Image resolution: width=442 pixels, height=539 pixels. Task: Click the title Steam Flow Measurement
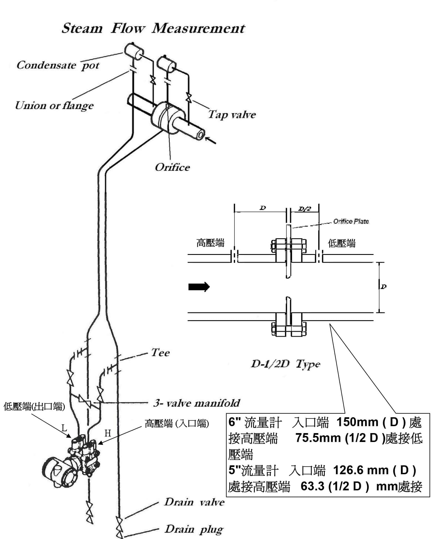(x=153, y=28)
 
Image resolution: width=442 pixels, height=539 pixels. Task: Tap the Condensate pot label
(x=58, y=65)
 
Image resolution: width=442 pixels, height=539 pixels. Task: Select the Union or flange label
(x=54, y=106)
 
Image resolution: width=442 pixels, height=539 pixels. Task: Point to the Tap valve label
(x=232, y=115)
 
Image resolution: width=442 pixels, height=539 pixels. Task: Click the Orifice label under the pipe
(x=172, y=167)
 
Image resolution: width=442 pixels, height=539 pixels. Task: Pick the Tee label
(x=160, y=352)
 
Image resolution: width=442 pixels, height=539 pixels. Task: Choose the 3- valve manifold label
(x=197, y=403)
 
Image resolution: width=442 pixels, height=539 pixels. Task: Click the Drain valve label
(x=194, y=502)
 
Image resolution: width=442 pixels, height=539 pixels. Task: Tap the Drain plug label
(x=194, y=529)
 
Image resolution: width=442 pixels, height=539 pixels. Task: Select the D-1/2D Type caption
(x=285, y=364)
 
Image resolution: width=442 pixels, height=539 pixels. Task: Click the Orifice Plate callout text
(x=351, y=221)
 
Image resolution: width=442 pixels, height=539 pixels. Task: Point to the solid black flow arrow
(x=199, y=287)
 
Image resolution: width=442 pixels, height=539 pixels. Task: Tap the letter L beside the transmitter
(x=64, y=428)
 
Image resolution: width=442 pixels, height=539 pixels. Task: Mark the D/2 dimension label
(x=305, y=209)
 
